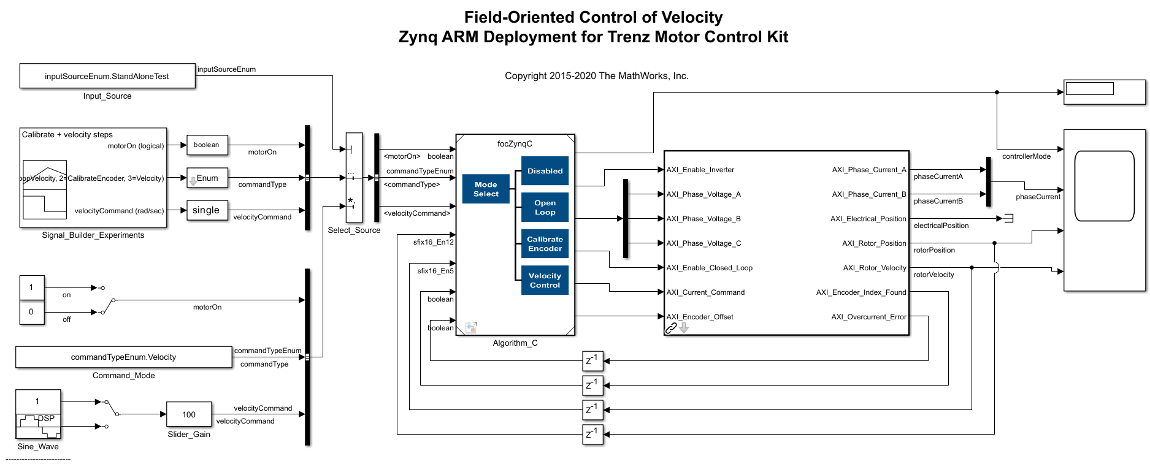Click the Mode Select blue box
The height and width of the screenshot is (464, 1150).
(x=486, y=189)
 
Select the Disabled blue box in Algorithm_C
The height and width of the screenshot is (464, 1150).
(x=545, y=171)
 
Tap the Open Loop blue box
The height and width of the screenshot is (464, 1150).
(x=545, y=207)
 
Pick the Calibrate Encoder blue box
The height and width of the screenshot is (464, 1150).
(x=545, y=243)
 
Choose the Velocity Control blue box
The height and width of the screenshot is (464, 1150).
(x=545, y=280)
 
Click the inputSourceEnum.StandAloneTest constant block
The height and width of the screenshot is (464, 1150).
(x=107, y=76)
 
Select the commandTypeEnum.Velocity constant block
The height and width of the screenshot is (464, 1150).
(x=123, y=357)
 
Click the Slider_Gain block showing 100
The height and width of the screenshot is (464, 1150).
(x=189, y=414)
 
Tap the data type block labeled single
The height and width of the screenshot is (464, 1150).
(x=207, y=210)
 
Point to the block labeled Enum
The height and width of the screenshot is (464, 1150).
(x=207, y=178)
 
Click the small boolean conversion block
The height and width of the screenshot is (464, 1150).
(x=207, y=145)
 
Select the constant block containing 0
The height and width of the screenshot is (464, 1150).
(x=31, y=311)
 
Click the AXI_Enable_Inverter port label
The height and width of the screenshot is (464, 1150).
(x=700, y=170)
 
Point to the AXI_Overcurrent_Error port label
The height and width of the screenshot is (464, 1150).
(x=868, y=317)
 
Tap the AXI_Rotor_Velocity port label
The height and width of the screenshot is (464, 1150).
(x=874, y=268)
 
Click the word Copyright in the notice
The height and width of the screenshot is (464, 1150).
(x=525, y=76)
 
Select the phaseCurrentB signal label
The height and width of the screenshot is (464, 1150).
(x=938, y=201)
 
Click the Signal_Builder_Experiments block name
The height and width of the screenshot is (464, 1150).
(x=93, y=235)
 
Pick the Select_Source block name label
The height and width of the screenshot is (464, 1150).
(x=354, y=230)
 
